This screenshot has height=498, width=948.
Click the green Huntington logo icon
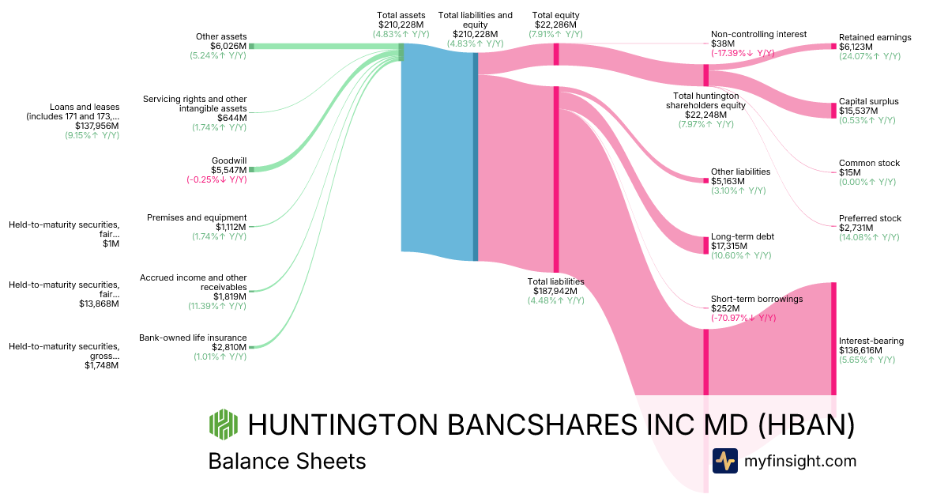pyautogui.click(x=223, y=424)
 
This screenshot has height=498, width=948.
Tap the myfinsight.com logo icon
pyautogui.click(x=724, y=461)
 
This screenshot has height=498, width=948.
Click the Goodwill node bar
pyautogui.click(x=251, y=169)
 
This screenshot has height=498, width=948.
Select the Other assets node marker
pyautogui.click(x=251, y=47)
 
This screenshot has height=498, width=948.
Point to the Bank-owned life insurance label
pyautogui.click(x=193, y=338)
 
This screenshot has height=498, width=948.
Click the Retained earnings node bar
pyautogui.click(x=833, y=47)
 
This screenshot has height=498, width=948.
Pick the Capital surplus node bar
pyautogui.click(x=833, y=111)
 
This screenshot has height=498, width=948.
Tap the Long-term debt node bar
pyautogui.click(x=706, y=245)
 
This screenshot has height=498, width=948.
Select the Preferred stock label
pyautogui.click(x=870, y=218)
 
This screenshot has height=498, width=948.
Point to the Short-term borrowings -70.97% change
pyautogui.click(x=743, y=318)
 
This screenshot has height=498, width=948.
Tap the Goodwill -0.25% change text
pyautogui.click(x=216, y=179)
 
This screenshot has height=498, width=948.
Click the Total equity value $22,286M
pyautogui.click(x=556, y=25)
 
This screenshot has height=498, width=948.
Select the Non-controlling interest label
pyautogui.click(x=758, y=34)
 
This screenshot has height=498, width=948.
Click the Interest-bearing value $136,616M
pyautogui.click(x=867, y=350)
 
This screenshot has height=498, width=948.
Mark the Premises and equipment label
pyautogui.click(x=197, y=217)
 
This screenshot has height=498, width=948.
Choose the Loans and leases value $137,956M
pyautogui.click(x=97, y=126)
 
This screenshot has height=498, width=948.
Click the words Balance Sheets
pyautogui.click(x=287, y=461)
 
